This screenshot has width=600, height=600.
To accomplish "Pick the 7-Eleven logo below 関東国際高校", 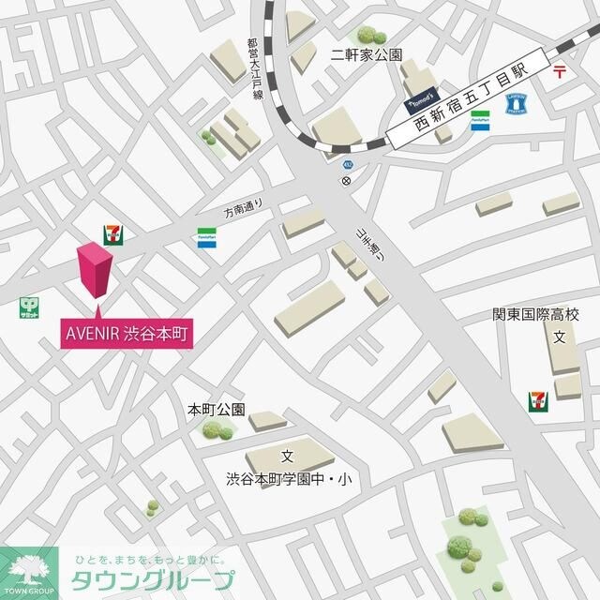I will pos(537,401).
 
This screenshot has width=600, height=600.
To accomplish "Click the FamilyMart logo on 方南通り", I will pos(206,238).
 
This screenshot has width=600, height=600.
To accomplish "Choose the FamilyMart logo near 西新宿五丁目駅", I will pos(480,120).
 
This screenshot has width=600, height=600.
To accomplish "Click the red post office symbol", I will pos(560,69).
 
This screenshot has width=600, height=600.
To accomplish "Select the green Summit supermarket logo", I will pos(29,307).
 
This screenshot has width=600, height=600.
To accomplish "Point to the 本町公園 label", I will pos(217,410).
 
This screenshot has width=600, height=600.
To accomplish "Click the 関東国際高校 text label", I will pos(536,315).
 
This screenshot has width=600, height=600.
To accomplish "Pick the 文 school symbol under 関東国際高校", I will pos(558,337).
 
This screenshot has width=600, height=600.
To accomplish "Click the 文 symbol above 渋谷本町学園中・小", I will pos(288,457).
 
